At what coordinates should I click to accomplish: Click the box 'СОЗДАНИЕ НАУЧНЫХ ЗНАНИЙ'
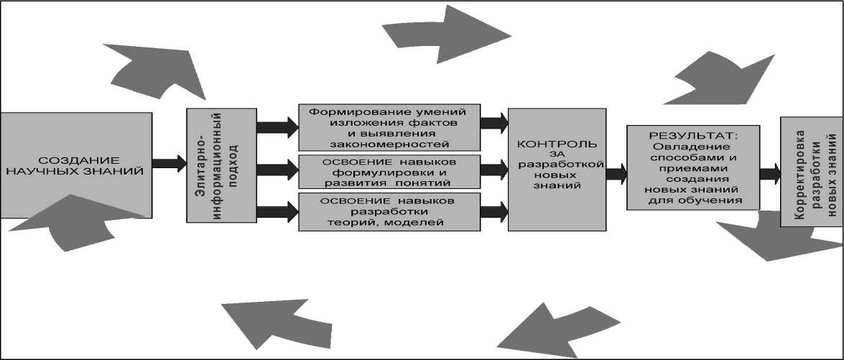[75, 165]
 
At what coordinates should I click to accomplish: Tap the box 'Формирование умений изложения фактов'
[388, 126]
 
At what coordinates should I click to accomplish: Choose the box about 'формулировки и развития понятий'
[388, 170]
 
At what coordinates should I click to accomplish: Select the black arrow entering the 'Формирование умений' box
[277, 127]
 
